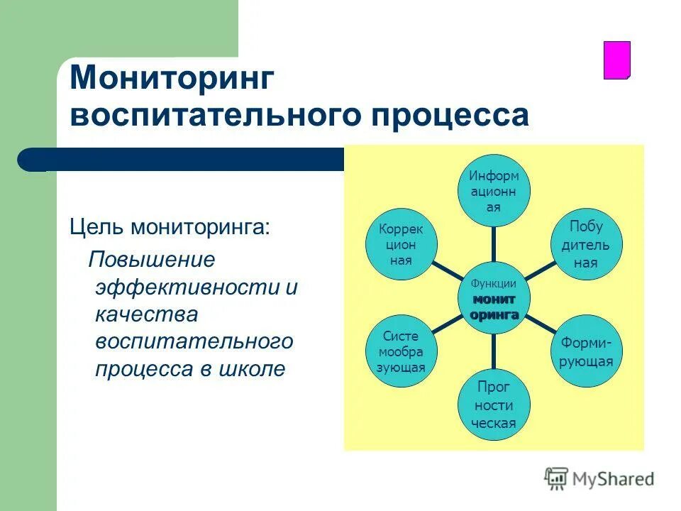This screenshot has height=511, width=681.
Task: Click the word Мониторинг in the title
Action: (171, 78)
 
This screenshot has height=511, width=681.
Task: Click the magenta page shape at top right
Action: (616, 60)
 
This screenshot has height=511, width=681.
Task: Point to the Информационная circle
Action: (494, 190)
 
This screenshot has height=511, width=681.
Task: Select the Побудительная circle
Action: (586, 245)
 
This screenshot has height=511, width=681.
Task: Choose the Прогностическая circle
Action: (494, 405)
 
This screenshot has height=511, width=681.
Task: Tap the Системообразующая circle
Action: (402, 351)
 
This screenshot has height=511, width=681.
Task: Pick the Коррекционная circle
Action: (402, 245)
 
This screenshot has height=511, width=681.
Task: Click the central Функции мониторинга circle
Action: (494, 298)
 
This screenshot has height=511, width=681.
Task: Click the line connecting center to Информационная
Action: (494, 243)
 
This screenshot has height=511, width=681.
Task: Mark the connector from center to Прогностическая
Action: (494, 352)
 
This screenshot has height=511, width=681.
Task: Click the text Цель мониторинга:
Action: (170, 227)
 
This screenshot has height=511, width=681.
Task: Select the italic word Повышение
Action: (151, 259)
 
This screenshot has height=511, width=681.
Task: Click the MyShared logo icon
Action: (556, 478)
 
